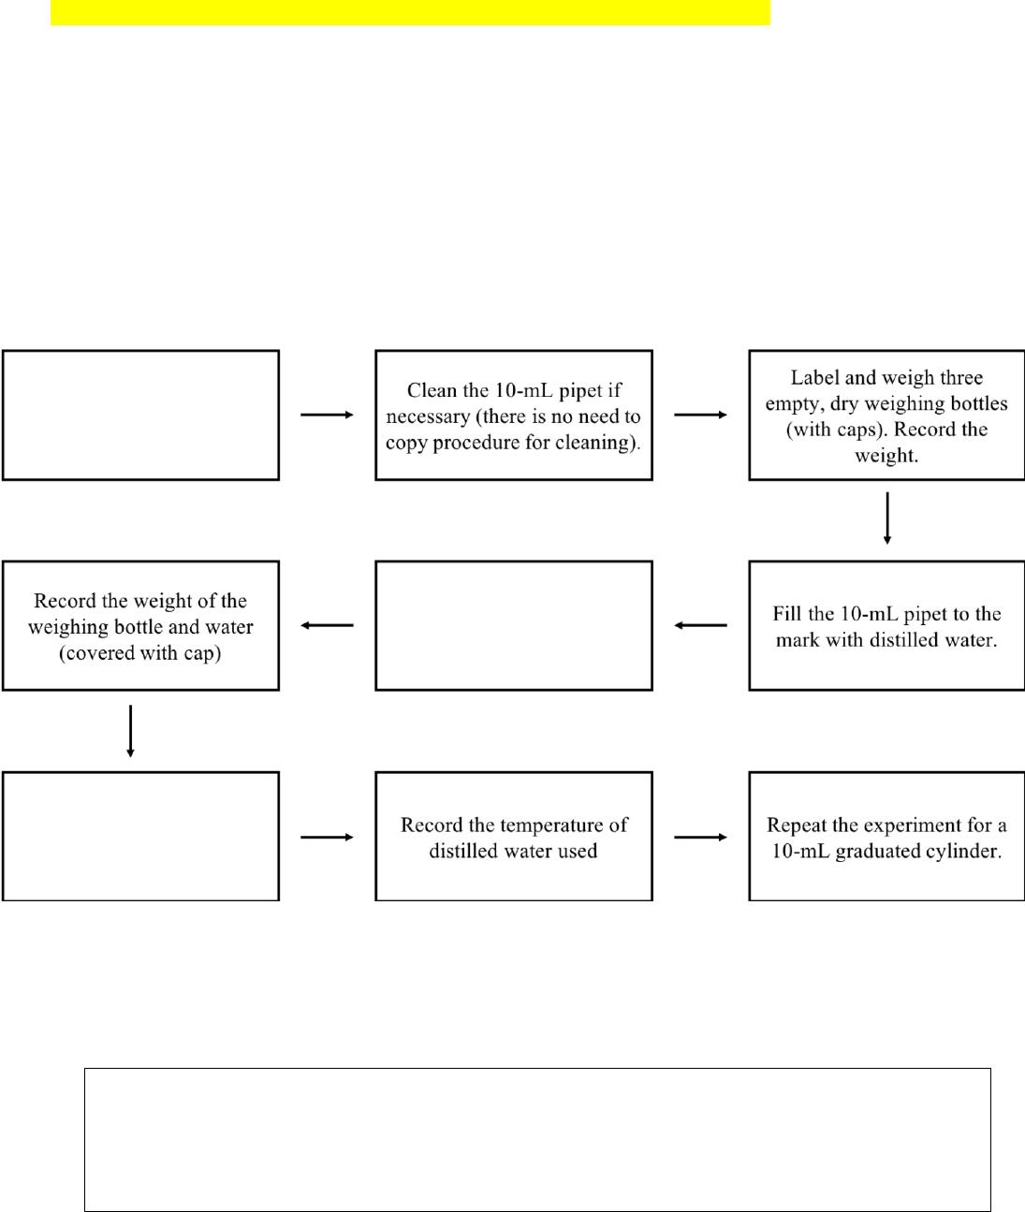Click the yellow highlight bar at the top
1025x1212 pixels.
410,12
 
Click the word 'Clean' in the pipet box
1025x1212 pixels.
432,390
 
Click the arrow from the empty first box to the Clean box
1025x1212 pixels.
327,415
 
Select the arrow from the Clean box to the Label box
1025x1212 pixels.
700,415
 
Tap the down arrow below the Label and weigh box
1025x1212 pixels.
887,518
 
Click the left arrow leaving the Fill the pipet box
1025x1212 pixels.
700,625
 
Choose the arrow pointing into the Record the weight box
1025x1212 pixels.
327,625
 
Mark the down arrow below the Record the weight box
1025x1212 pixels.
130,731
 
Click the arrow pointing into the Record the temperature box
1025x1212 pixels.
327,837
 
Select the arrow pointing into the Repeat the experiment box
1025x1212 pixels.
700,837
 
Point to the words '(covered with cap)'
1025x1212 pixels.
140,652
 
